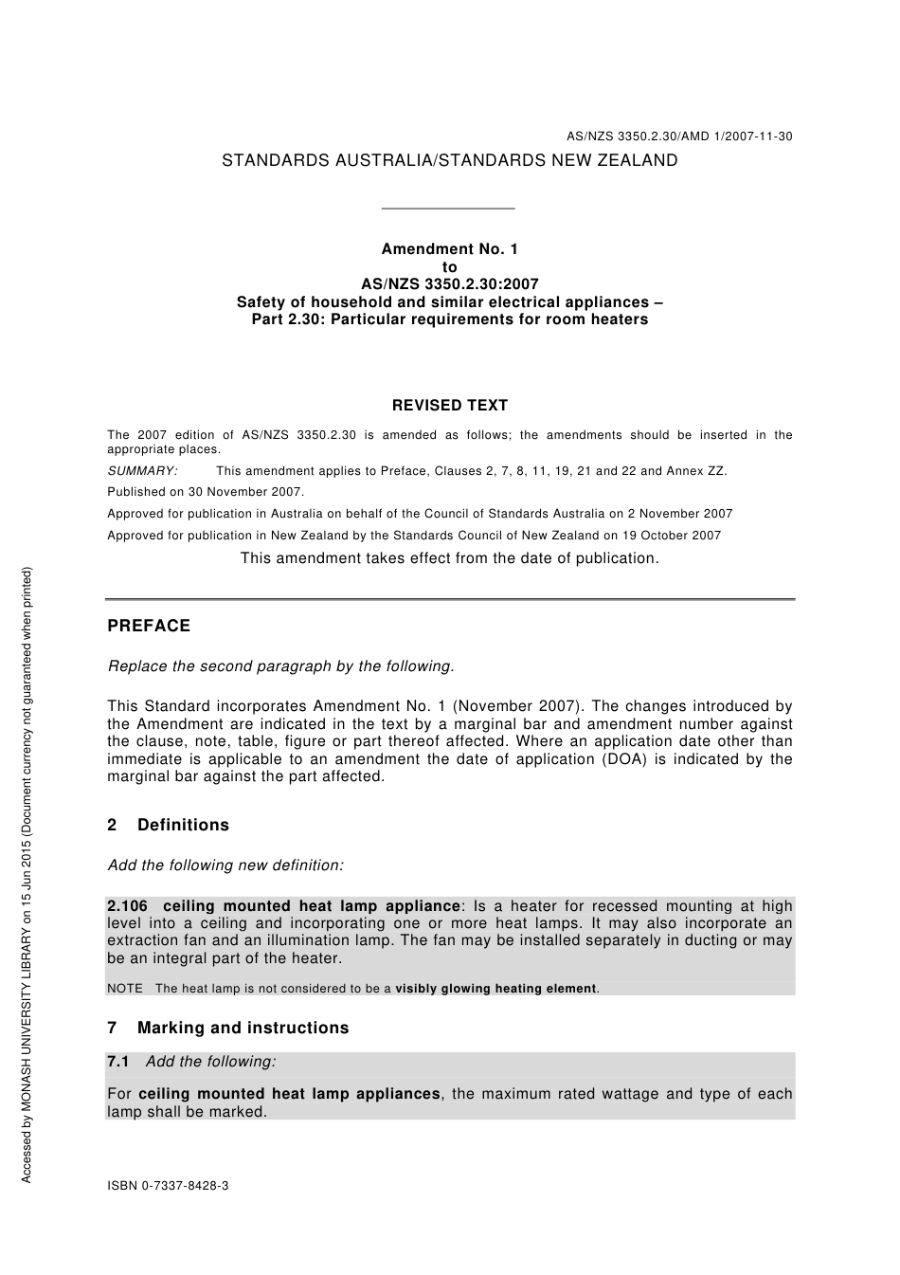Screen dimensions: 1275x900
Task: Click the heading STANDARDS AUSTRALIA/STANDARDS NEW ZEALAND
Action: coord(449,161)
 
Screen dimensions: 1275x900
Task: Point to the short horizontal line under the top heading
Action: coord(447,209)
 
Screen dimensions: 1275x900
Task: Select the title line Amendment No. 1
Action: coord(449,249)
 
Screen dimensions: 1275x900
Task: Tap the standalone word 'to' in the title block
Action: coord(449,267)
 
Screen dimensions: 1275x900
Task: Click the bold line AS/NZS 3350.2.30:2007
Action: coord(449,284)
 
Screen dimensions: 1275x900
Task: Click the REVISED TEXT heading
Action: coord(449,406)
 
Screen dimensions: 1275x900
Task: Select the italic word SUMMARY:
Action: coord(142,471)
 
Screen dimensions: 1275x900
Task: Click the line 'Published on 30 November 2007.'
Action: coord(206,492)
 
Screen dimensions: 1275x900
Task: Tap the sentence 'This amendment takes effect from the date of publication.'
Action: coord(449,558)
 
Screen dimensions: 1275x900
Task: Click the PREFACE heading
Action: coord(149,626)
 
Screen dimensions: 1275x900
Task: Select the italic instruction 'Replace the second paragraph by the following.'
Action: coord(281,666)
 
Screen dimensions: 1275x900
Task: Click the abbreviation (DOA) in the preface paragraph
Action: coord(622,759)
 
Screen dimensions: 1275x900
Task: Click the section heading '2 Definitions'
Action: coord(169,825)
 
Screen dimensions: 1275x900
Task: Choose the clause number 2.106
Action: coord(128,906)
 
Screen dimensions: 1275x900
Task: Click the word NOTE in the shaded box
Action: coord(125,989)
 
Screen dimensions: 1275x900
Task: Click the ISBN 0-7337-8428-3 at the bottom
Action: coord(168,1186)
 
